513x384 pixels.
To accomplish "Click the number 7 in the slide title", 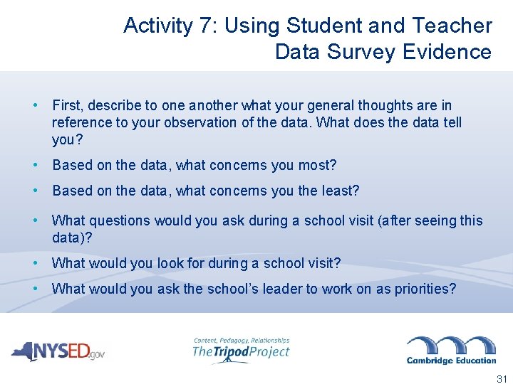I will (207, 26).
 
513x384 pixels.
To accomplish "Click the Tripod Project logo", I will (241, 351).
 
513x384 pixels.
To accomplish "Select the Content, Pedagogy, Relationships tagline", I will (241, 340).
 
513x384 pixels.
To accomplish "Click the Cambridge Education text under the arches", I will (451, 360).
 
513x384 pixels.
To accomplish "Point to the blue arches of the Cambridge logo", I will (451, 345).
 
